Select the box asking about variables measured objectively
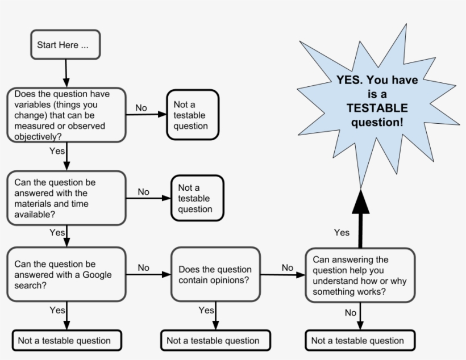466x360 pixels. [x=65, y=115]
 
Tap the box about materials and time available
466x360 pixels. [x=65, y=198]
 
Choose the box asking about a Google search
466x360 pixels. [x=65, y=275]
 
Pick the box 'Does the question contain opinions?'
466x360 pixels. [x=215, y=275]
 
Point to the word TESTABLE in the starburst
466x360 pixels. [x=377, y=108]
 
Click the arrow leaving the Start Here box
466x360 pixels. [x=66, y=73]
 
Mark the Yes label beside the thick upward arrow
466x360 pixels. [x=342, y=232]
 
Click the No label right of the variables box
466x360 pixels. [x=141, y=108]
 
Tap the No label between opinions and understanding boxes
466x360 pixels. [x=288, y=267]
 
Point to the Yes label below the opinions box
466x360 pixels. [x=206, y=310]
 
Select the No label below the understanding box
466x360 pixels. [x=351, y=312]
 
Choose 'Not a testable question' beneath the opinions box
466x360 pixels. [x=213, y=341]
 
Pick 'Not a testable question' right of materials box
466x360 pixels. [x=197, y=198]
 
